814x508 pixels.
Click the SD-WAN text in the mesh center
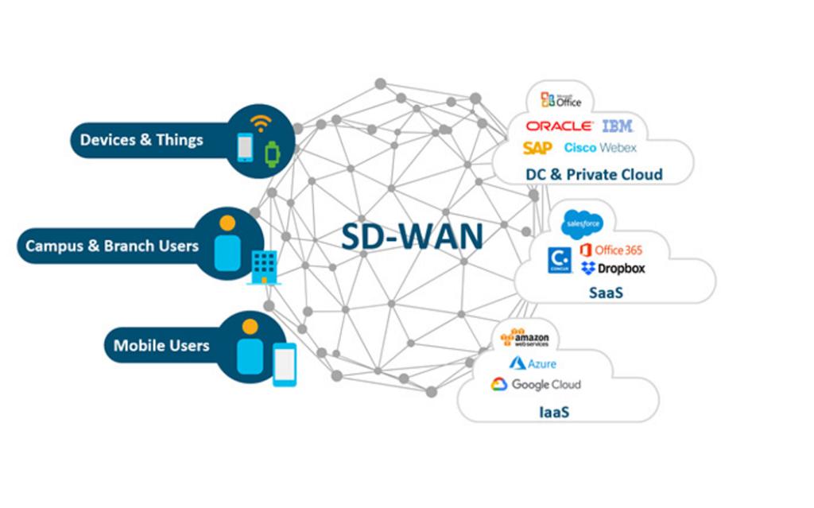(412, 237)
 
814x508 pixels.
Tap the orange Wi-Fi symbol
(261, 124)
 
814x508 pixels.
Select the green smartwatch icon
(273, 151)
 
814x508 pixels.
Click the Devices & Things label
(141, 140)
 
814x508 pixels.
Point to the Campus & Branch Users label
(112, 245)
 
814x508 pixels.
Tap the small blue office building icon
(263, 266)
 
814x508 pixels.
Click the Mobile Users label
(161, 346)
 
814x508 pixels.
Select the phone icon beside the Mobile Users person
(284, 364)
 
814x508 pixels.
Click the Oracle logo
(559, 126)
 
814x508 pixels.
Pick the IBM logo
(618, 126)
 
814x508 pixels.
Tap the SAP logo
(537, 148)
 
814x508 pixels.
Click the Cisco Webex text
(600, 148)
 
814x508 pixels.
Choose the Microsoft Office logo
(561, 99)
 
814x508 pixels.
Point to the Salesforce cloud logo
(582, 225)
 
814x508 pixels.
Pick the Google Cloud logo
(536, 385)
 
